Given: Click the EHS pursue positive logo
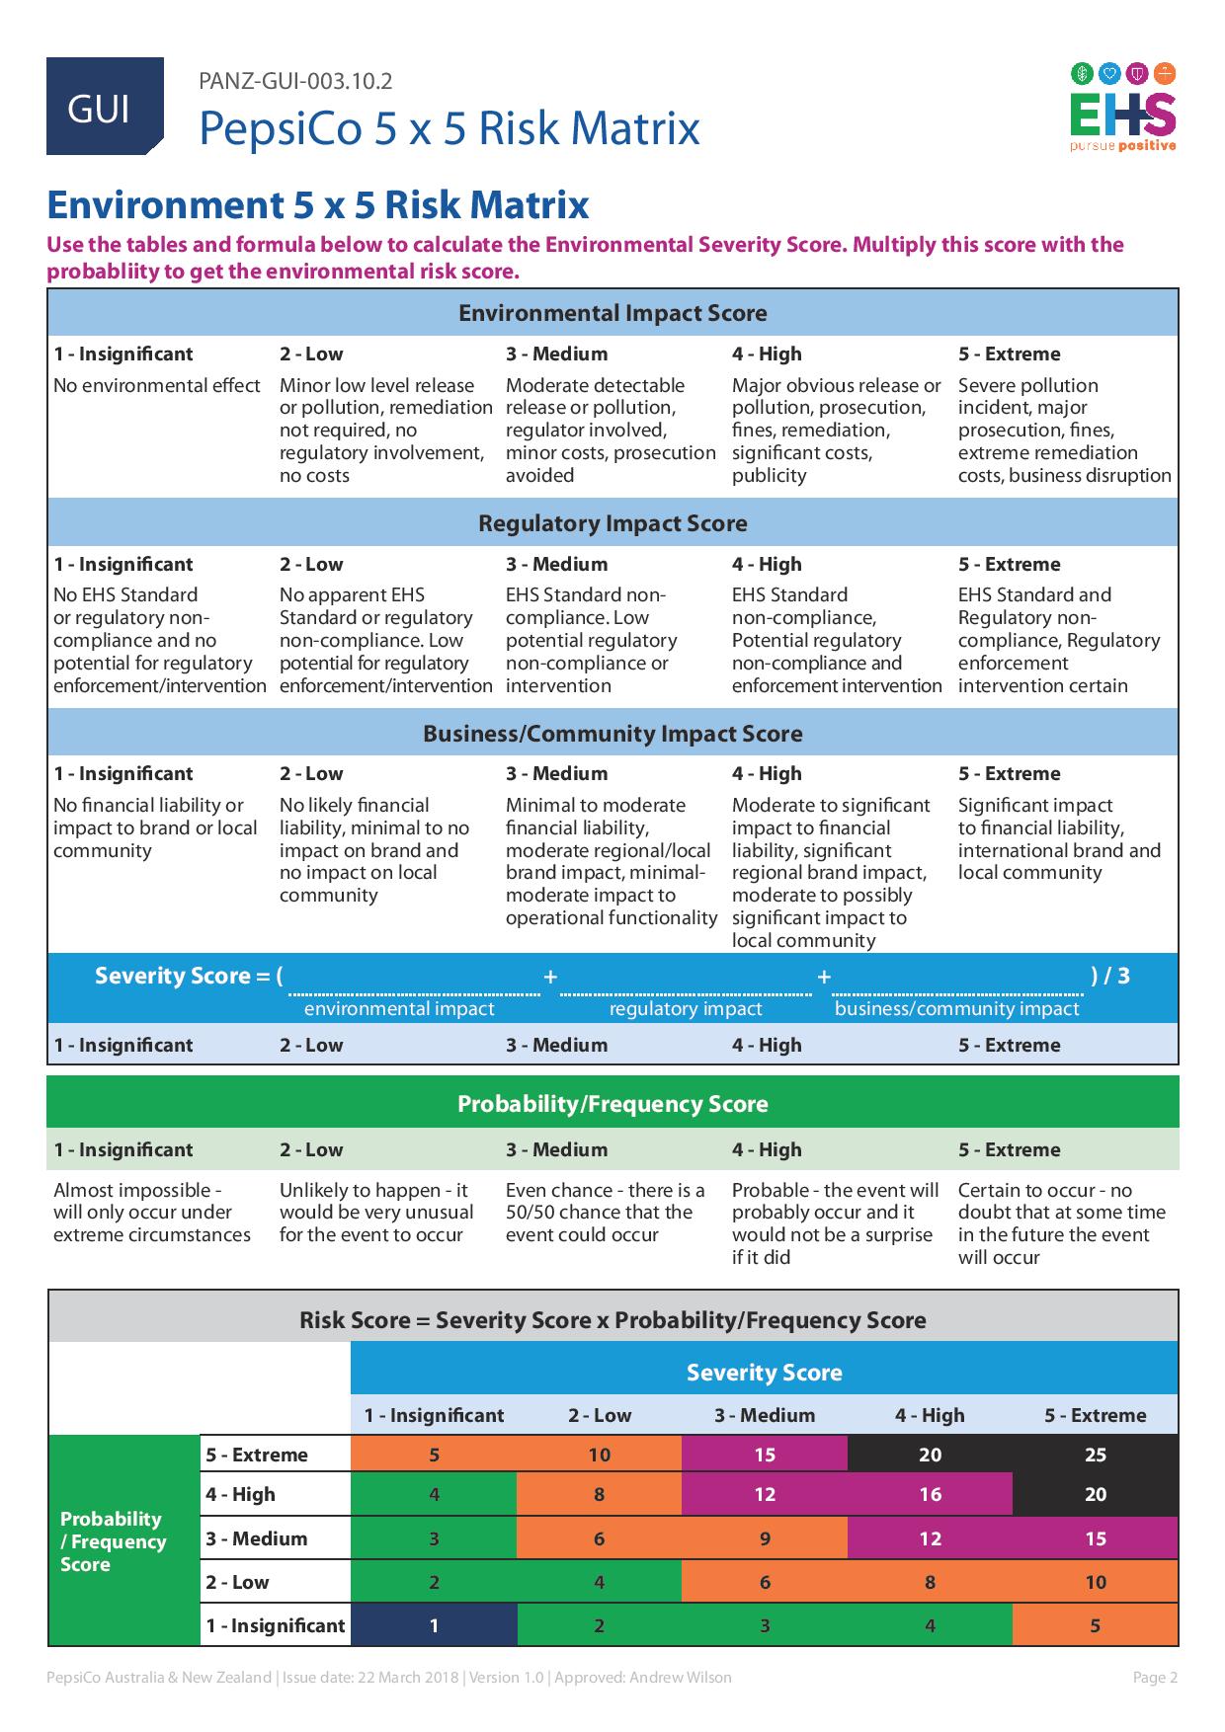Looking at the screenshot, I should coord(1123,108).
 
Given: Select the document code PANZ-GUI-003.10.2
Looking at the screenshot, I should coord(295,81).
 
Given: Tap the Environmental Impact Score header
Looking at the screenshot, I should coord(612,313).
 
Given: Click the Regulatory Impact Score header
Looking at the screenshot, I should coord(612,523).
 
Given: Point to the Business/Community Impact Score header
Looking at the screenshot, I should coord(612,734).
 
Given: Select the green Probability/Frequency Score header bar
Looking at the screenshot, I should coord(612,1103).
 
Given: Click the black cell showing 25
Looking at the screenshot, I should coord(1095,1455).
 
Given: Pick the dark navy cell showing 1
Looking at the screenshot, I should coord(434,1625).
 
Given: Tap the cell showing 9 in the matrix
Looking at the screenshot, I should coord(765,1538).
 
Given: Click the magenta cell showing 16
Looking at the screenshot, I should coord(930,1494).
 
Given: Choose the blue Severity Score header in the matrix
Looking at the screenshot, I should coord(764,1372).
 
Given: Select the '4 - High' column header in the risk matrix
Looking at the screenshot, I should coord(930,1415).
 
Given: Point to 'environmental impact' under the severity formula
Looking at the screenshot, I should coord(399,1008).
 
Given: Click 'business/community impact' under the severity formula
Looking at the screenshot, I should coord(956,1008).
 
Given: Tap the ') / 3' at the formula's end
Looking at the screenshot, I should coord(1110,976).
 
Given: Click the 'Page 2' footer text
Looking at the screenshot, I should coord(1154,1677).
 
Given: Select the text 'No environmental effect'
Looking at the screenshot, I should coord(157,385).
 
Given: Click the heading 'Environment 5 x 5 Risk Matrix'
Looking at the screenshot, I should coord(318,205).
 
